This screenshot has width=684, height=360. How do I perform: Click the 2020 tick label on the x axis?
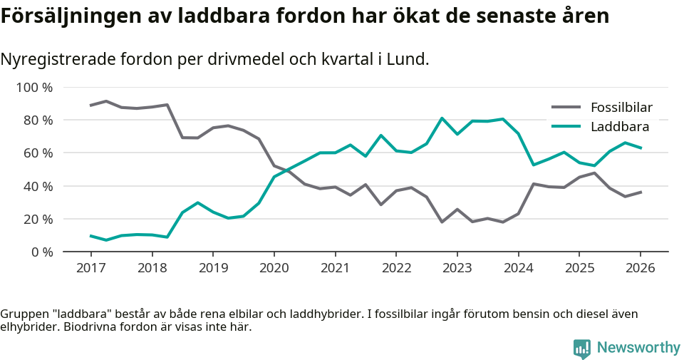274,268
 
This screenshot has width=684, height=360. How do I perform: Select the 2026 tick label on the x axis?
640,268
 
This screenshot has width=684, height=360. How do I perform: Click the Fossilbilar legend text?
621,108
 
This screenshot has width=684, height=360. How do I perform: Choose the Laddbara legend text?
619,127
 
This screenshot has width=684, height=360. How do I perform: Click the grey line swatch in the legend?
566,108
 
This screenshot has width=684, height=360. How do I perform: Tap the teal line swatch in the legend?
566,127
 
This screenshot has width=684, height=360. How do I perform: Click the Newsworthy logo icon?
582,348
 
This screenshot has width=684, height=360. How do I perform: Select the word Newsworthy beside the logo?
638,348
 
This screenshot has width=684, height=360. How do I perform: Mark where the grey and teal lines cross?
285,171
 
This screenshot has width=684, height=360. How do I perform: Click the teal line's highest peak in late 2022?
442,118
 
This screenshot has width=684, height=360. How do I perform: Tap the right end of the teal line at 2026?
641,148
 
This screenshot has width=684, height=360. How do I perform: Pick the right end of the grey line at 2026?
641,192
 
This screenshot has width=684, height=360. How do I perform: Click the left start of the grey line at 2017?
91,106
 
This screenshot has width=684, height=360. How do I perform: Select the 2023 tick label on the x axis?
457,268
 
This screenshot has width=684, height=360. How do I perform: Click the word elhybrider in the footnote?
26,327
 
